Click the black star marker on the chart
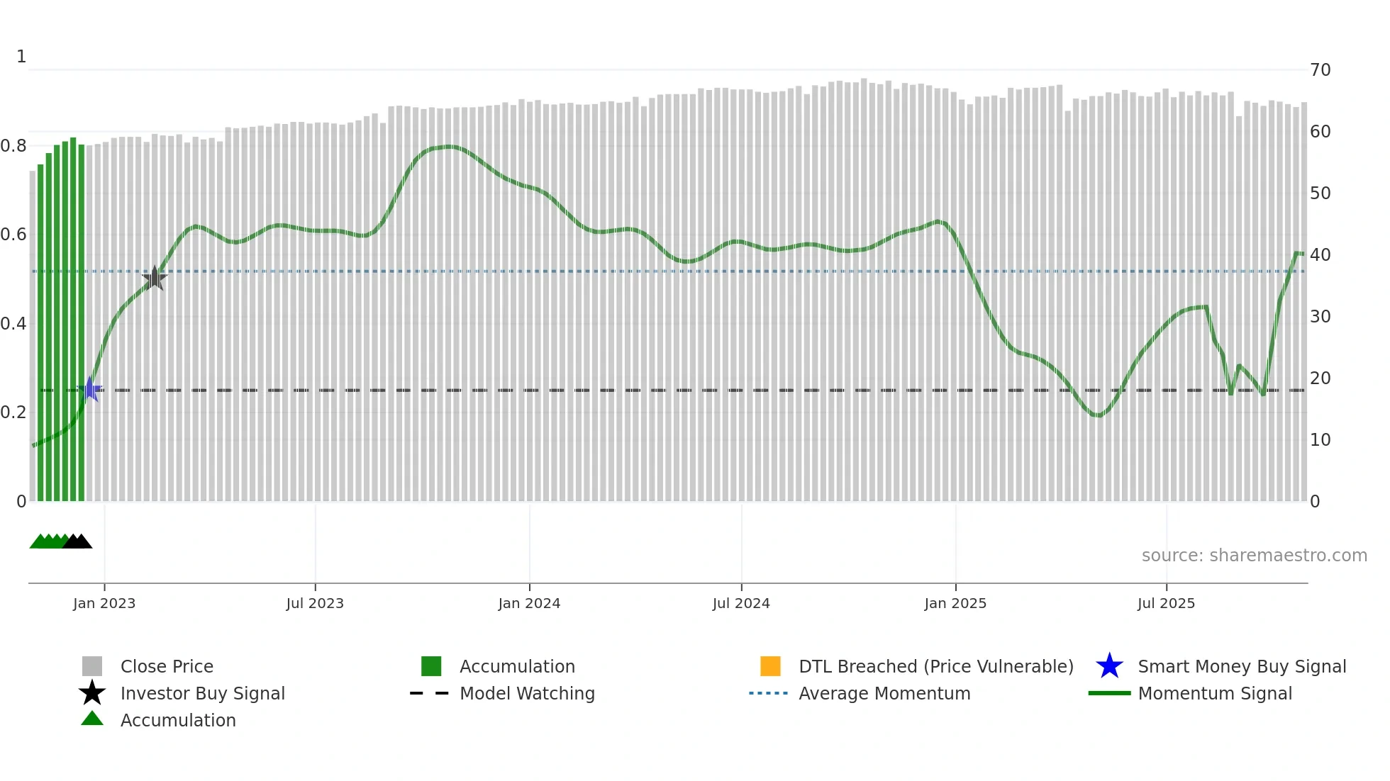pos(155,278)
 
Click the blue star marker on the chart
pos(90,389)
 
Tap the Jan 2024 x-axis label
pos(529,603)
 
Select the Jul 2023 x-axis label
pos(315,603)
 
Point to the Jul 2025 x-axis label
pos(1166,603)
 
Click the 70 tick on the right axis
pos(1320,70)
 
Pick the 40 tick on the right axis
pos(1320,255)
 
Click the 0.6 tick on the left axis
pos(14,235)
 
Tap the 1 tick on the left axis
pos(21,57)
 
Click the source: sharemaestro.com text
pos(1254,556)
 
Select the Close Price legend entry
pos(167,666)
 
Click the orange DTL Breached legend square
pos(770,666)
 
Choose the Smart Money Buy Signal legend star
pos(1109,666)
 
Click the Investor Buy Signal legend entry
pos(202,693)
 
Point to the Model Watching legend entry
pos(527,693)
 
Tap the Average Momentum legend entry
pos(884,693)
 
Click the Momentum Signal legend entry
pos(1214,693)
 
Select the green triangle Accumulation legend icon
pos(92,719)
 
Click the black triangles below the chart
pos(77,542)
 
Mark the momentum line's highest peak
pos(447,147)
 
